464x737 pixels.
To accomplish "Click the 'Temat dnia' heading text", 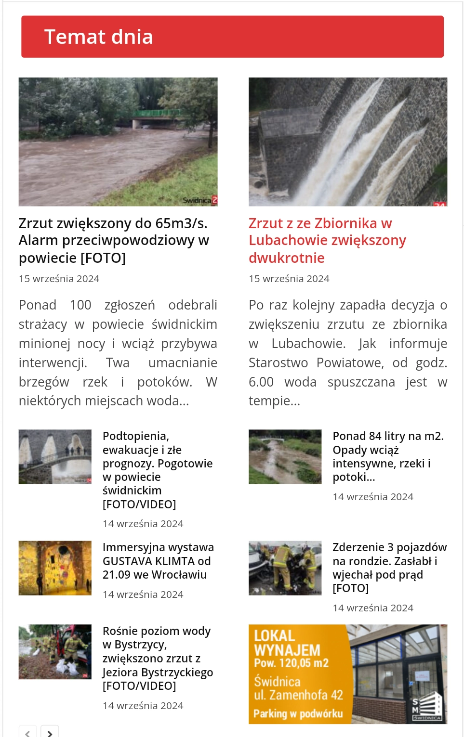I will point(98,37).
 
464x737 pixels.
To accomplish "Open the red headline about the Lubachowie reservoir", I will point(327,240).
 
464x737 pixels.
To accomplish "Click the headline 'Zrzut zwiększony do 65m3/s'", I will point(114,240).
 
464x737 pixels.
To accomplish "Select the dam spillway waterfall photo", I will point(347,142).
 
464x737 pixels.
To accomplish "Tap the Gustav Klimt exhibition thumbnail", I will point(55,568).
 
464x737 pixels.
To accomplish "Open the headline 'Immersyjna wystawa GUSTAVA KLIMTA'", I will point(158,561).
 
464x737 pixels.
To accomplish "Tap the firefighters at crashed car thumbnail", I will point(285,568).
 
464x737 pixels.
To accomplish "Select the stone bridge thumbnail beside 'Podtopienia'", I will point(55,456).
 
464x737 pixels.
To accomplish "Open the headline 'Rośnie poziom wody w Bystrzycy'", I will point(157,658).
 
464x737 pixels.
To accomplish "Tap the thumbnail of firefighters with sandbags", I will point(55,651).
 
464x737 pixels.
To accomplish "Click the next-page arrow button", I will point(50,733).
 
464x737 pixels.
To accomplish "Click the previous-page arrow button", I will point(27,733).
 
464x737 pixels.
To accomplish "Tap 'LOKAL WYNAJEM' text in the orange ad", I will point(287,643).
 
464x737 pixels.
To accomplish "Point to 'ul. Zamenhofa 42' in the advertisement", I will point(298,695).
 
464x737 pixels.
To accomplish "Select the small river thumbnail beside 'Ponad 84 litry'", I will point(285,456).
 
